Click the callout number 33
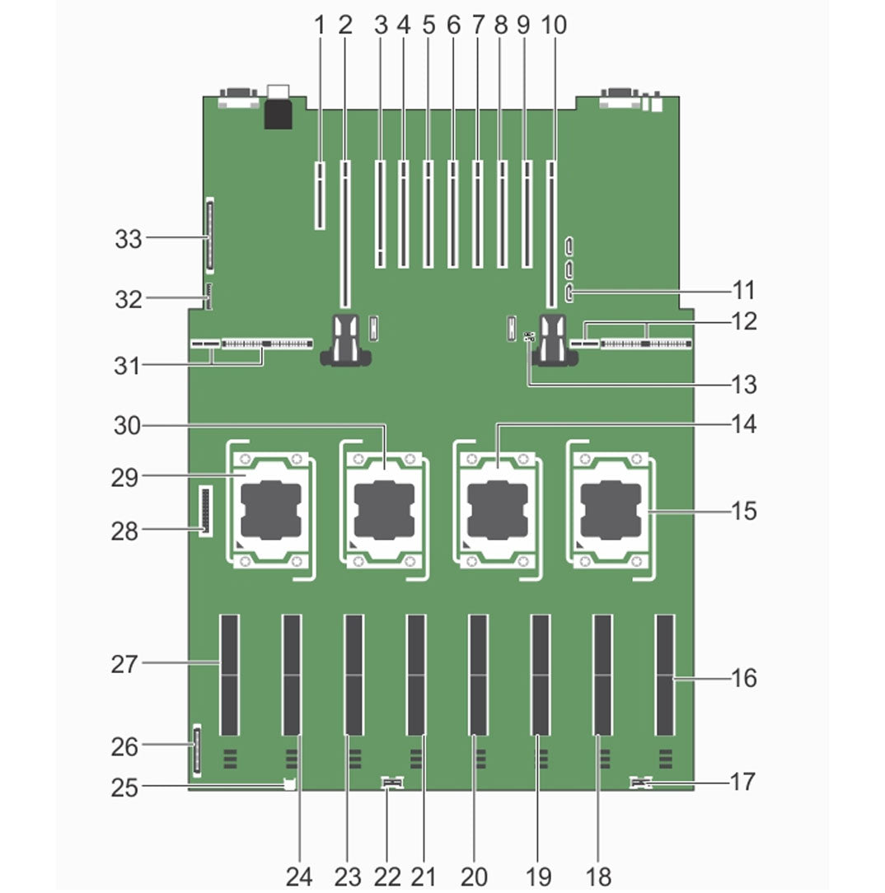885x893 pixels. point(128,240)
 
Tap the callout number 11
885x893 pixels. point(743,291)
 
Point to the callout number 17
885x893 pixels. point(742,781)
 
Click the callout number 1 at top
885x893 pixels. point(320,26)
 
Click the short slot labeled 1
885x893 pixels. point(319,194)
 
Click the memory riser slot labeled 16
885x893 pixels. point(664,674)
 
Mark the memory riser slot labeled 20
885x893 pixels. point(478,674)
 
